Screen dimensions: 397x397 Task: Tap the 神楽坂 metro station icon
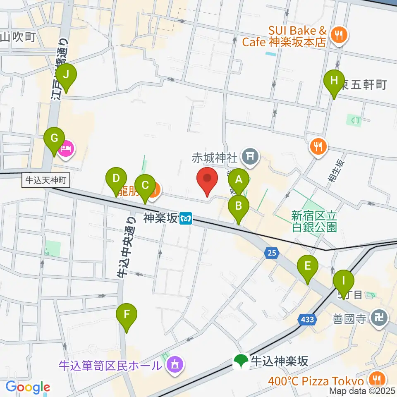[187, 218]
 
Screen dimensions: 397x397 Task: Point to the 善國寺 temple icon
[380, 318]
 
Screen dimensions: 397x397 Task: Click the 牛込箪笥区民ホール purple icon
[174, 365]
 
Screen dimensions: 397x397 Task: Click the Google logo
[28, 387]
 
